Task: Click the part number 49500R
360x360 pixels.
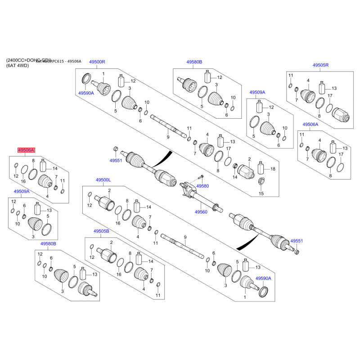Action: point(97,62)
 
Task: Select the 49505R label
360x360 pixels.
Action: point(321,65)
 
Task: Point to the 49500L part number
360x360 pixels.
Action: point(103,180)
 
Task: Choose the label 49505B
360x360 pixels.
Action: point(101,231)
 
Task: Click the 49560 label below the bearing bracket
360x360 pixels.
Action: point(201,211)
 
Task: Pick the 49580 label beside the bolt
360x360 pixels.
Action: point(203,186)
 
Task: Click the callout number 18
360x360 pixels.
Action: point(272,169)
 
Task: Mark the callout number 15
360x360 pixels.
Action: point(261,193)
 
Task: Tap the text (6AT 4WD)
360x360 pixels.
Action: point(17,66)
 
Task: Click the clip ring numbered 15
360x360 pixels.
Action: point(261,182)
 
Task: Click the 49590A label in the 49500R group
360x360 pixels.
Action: point(86,93)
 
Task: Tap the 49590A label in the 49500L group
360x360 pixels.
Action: point(263,279)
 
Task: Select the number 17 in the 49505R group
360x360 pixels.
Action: point(330,95)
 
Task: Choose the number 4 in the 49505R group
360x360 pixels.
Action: point(308,81)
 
